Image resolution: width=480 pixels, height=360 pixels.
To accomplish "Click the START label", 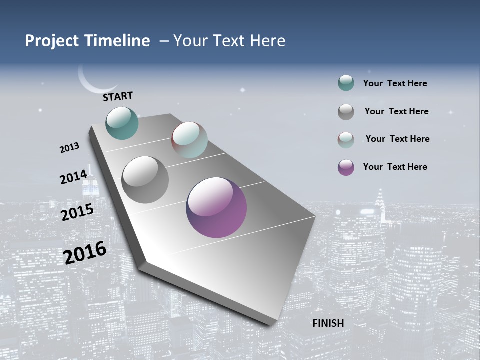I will pyautogui.click(x=118, y=96).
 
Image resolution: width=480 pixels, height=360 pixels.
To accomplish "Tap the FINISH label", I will pyautogui.click(x=328, y=323).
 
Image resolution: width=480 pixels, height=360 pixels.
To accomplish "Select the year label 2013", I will pyautogui.click(x=69, y=148).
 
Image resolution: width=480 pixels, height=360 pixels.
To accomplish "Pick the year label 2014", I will pyautogui.click(x=73, y=177).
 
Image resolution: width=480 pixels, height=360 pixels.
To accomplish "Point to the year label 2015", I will pyautogui.click(x=77, y=212).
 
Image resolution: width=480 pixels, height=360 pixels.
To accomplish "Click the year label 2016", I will pyautogui.click(x=85, y=252).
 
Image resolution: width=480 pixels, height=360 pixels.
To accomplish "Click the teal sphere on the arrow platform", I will pyautogui.click(x=122, y=123).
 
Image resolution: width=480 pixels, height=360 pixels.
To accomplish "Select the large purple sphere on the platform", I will pyautogui.click(x=216, y=207).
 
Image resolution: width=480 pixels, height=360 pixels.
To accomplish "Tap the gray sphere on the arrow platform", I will pyautogui.click(x=145, y=180).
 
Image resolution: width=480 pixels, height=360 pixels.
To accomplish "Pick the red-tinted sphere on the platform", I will pyautogui.click(x=189, y=140).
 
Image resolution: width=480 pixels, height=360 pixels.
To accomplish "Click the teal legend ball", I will pyautogui.click(x=346, y=83).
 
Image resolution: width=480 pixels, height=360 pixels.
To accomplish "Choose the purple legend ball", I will pyautogui.click(x=346, y=167).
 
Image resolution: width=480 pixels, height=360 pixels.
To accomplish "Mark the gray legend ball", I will pyautogui.click(x=346, y=112).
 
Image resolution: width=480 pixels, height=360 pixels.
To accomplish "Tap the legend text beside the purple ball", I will pyautogui.click(x=395, y=167).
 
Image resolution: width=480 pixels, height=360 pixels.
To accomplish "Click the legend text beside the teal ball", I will pyautogui.click(x=395, y=83).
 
